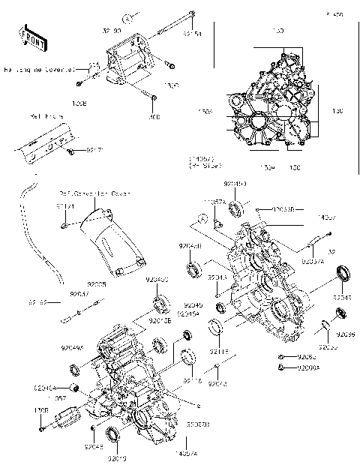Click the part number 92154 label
pyautogui.click(x=193, y=34)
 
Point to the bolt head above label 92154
pyautogui.click(x=193, y=13)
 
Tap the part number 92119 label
pyautogui.click(x=218, y=351)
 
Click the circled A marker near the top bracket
pyautogui.click(x=129, y=16)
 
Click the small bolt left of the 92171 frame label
pyautogui.click(x=70, y=152)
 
